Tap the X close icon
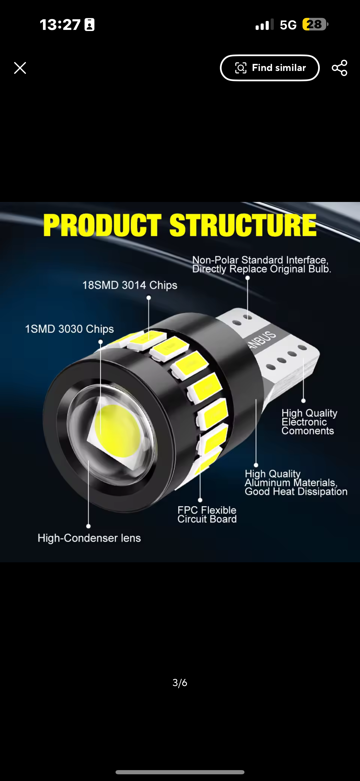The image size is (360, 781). coord(20,68)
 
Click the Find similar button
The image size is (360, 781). coord(269,68)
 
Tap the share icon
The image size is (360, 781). coord(339,68)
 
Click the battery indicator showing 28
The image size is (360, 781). coord(314,25)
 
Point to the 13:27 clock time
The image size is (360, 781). coord(60,25)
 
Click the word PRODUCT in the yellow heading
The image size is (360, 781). coord(102,225)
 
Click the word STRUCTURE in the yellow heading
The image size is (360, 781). coord(243,225)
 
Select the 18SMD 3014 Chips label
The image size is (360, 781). coord(130,285)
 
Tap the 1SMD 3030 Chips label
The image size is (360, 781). coord(69,329)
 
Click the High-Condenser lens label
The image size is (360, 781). coord(89,538)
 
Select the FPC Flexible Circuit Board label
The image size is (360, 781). coord(207,515)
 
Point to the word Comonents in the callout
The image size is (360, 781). coord(307,431)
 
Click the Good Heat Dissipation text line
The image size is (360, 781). coord(296,491)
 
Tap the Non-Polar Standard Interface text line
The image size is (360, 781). coord(260,260)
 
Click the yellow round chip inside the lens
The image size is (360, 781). coord(117,430)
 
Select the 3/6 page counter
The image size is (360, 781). coord(180,683)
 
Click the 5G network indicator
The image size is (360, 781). coord(288,25)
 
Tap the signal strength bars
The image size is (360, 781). coord(264,25)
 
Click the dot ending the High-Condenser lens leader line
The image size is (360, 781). coord(88,526)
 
